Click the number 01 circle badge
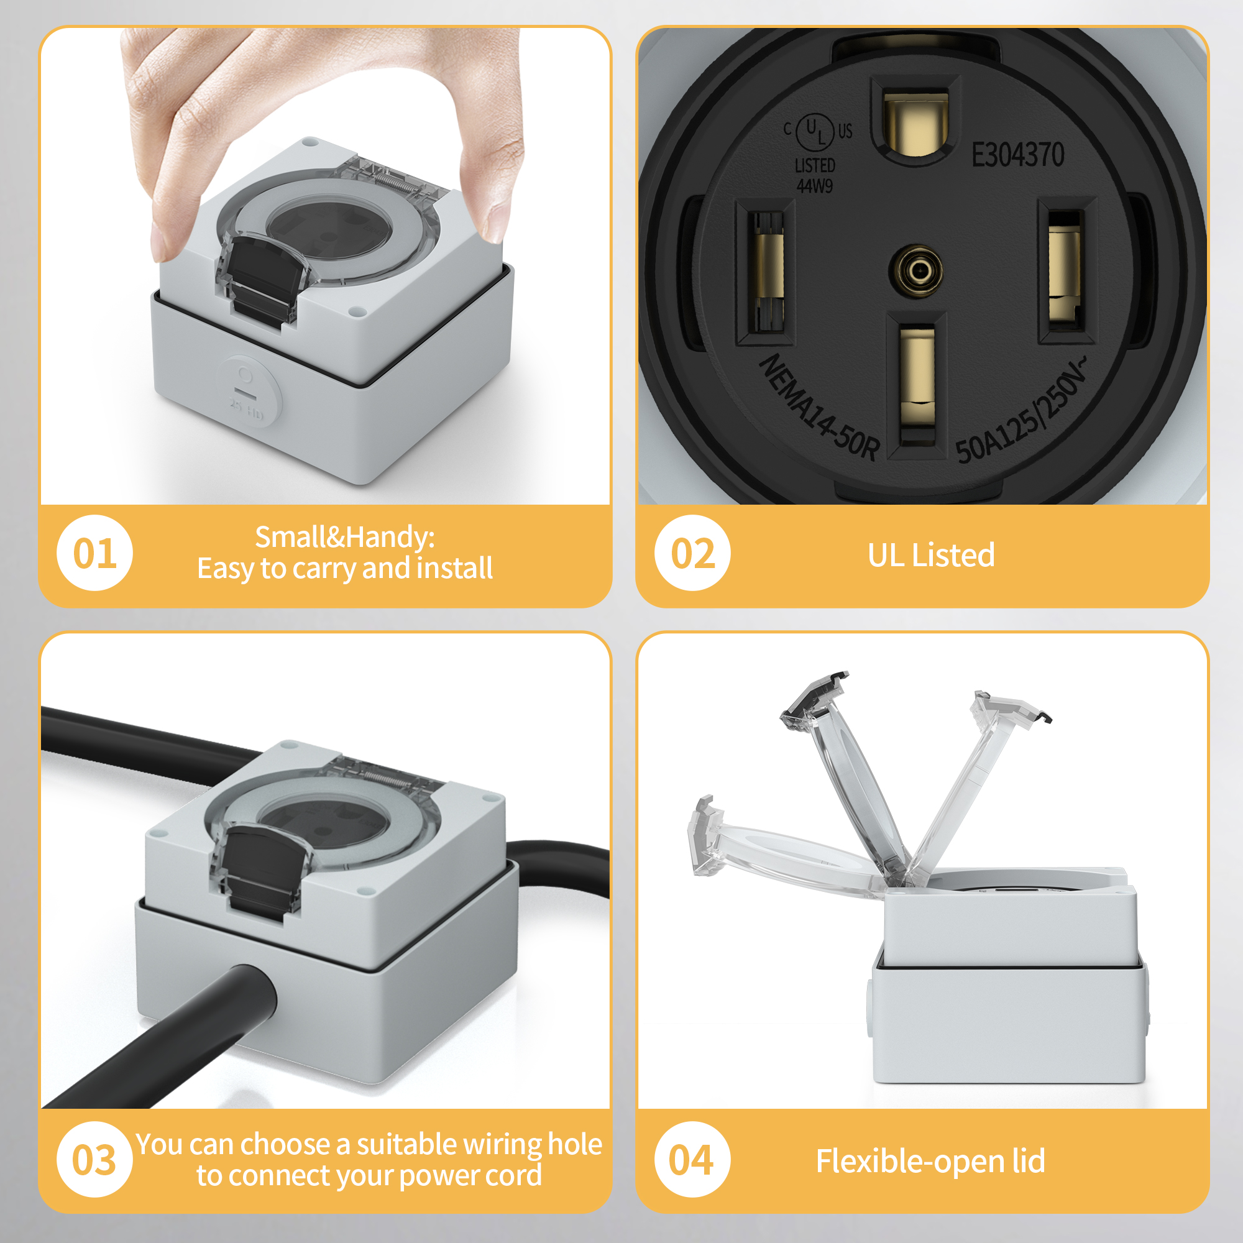click(x=94, y=553)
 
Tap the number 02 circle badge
click(x=692, y=553)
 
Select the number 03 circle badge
click(x=94, y=1159)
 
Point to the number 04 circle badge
click(x=692, y=1159)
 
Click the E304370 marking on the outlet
click(x=1017, y=155)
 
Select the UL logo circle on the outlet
click(x=815, y=131)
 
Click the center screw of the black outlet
click(x=915, y=271)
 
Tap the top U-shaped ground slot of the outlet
click(x=915, y=122)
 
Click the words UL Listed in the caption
click(x=931, y=555)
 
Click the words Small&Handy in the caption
click(x=345, y=536)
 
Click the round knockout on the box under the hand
click(x=248, y=392)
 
